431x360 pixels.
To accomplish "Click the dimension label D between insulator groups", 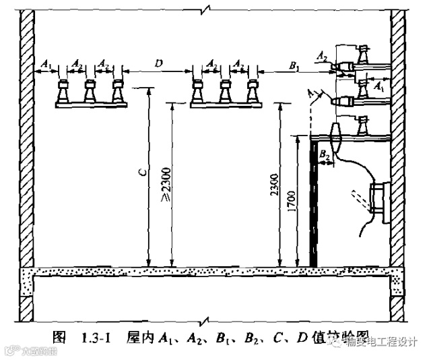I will pos(158,63).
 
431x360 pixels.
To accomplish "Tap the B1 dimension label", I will pos(294,65).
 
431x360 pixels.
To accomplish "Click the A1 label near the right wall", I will pos(379,87).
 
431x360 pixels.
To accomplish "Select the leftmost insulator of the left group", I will pos(64,91).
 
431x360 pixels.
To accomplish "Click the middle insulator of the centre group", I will pos(224,91).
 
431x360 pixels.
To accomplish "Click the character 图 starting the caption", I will pos(59,337).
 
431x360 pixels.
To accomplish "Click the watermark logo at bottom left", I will pos(10,351).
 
